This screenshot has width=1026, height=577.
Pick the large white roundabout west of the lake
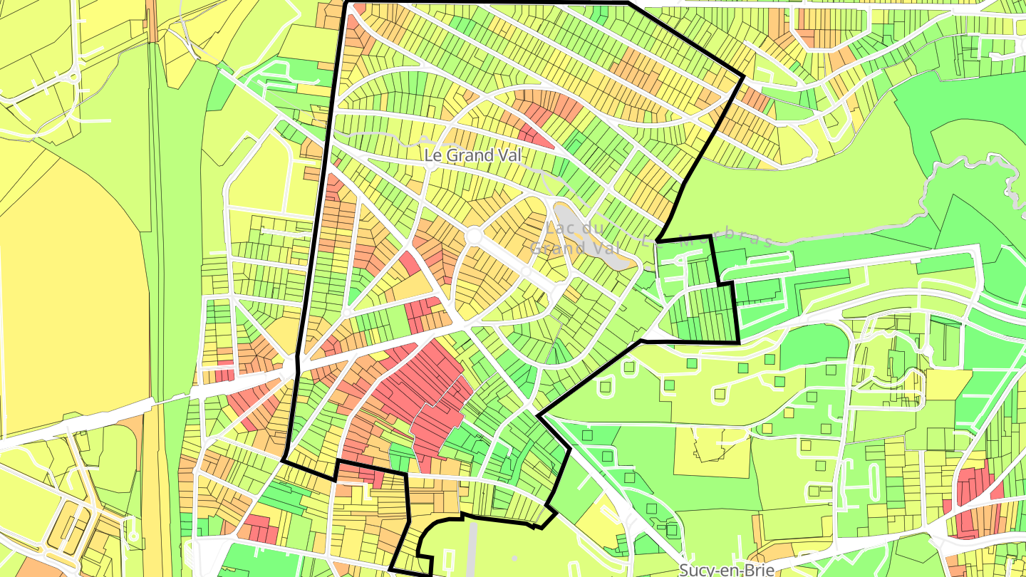point(474,235)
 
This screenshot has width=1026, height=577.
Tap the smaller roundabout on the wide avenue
point(526,272)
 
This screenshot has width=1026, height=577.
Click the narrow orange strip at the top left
point(152,21)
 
